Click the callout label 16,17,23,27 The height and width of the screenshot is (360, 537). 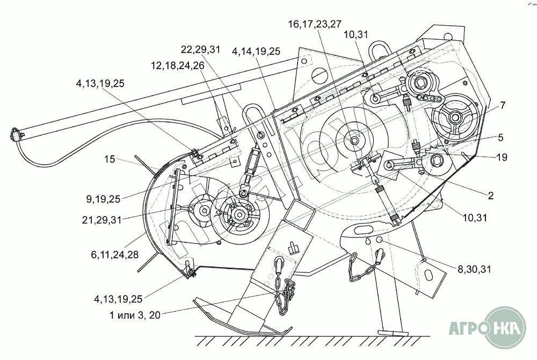click(x=314, y=24)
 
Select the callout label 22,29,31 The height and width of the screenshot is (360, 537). click(x=200, y=49)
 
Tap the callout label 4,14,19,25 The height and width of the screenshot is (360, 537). click(x=256, y=52)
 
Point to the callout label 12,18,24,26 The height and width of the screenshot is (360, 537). click(x=177, y=66)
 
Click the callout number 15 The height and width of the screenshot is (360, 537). click(x=110, y=159)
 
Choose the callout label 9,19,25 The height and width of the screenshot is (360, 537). click(x=104, y=199)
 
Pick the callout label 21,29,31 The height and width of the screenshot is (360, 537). click(x=101, y=220)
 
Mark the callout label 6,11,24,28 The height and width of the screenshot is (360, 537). click(x=115, y=255)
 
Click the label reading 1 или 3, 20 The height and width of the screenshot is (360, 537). click(x=135, y=315)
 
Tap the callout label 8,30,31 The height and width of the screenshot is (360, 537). click(x=474, y=269)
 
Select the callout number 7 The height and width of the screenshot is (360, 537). click(x=503, y=105)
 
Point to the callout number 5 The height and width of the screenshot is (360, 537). click(x=500, y=138)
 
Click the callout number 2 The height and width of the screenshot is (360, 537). click(x=491, y=196)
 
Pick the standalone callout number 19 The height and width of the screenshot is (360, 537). click(x=502, y=157)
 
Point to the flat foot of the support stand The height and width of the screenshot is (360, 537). click(x=393, y=332)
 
